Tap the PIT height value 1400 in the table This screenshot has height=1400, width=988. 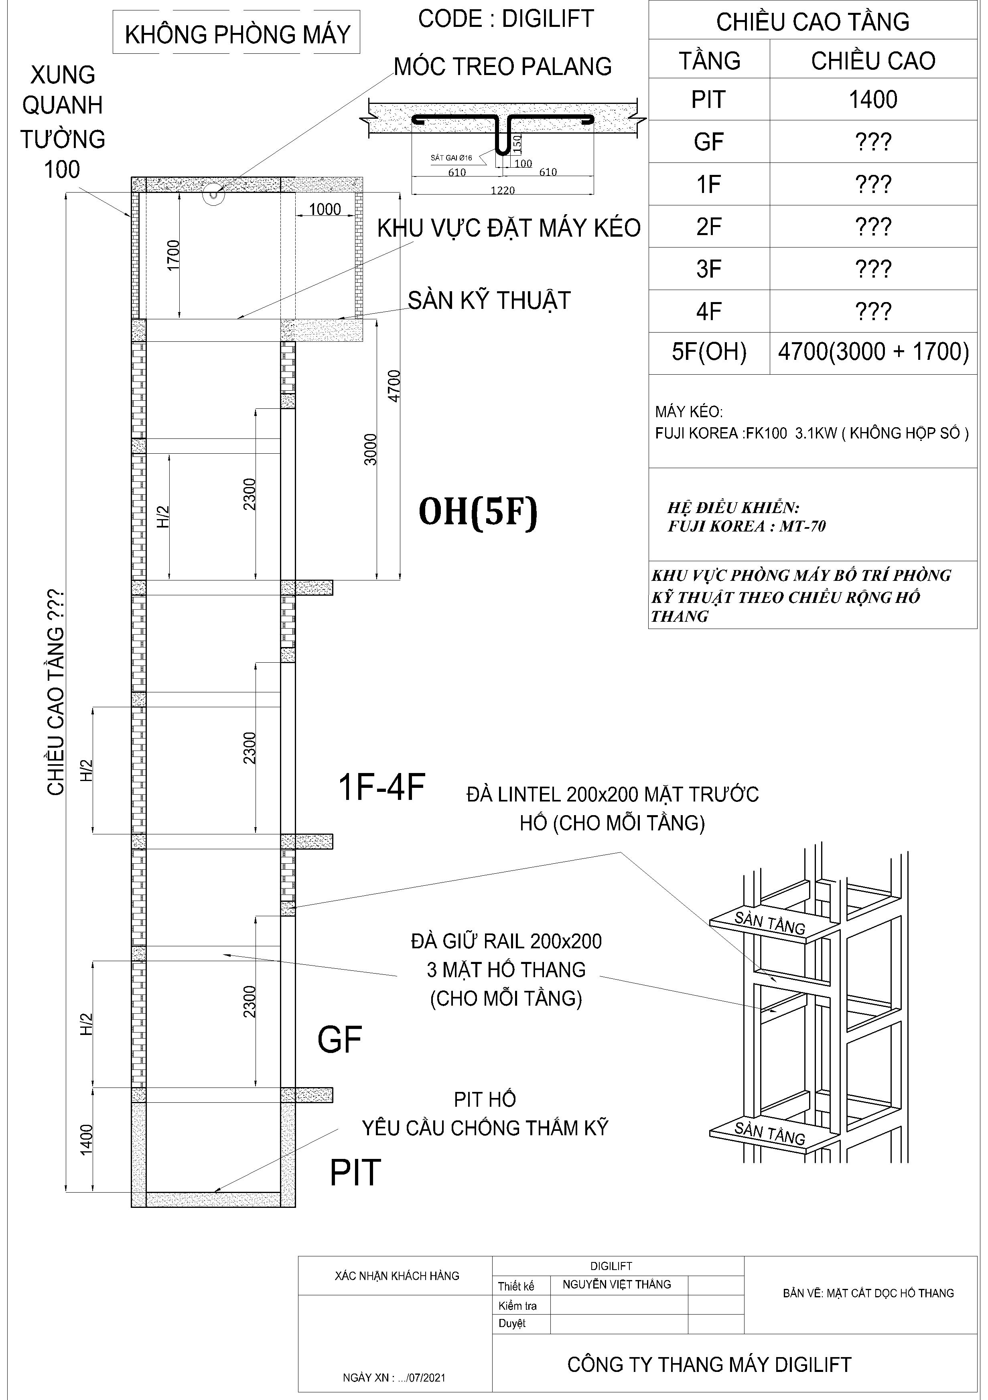click(873, 99)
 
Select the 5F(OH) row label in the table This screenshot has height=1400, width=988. click(709, 352)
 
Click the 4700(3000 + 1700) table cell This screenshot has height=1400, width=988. click(873, 352)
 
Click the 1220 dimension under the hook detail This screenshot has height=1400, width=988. click(503, 190)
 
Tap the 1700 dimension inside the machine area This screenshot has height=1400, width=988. click(174, 256)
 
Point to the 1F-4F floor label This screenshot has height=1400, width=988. click(381, 787)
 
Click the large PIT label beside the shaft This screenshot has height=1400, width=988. click(355, 1173)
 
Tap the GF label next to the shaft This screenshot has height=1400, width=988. click(340, 1040)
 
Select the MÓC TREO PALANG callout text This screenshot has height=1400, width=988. click(503, 67)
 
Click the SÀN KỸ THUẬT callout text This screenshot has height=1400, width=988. click(489, 300)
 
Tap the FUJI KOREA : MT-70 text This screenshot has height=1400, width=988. click(747, 526)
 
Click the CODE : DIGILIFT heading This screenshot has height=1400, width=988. click(505, 19)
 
